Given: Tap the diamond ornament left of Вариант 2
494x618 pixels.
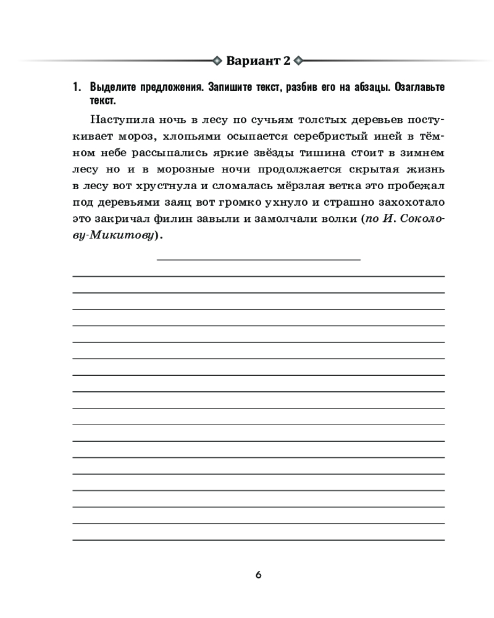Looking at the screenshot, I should tap(216, 61).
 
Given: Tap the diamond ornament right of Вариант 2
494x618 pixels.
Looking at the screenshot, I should tap(299, 61).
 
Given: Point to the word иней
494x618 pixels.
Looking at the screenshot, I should tap(377, 135).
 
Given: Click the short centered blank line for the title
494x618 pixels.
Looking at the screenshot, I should tap(259, 260).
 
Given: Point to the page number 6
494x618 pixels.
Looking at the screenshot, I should tap(259, 575).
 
